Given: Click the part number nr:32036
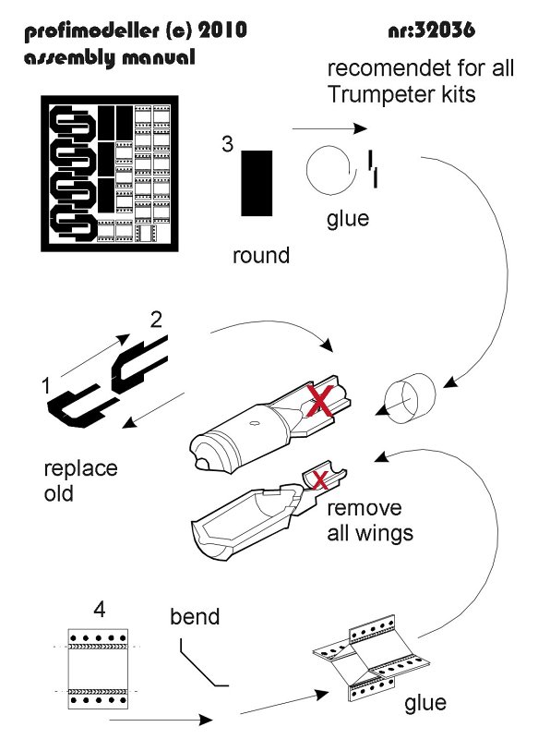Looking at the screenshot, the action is point(432,30).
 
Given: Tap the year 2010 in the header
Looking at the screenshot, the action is point(222,30).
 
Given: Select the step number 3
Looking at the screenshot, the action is point(228,144).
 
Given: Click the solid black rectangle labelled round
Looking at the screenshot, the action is point(257,183).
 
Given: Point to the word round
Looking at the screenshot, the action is point(261,256).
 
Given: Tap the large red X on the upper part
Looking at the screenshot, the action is point(320,401).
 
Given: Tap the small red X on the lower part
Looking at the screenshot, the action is point(320,480).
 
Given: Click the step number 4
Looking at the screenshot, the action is point(100,610).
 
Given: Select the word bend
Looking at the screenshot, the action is point(195,616).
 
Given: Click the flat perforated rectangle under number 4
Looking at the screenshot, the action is point(98,668).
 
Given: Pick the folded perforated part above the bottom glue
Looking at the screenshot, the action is point(371,658).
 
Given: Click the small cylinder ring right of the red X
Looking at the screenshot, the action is point(411,399).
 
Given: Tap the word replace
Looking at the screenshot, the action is point(80,469).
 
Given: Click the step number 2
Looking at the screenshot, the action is point(156,320).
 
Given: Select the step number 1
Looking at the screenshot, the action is point(45,386).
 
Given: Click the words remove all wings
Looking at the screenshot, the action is point(369,521).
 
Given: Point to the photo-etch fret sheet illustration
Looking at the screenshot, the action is point(110,173).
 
